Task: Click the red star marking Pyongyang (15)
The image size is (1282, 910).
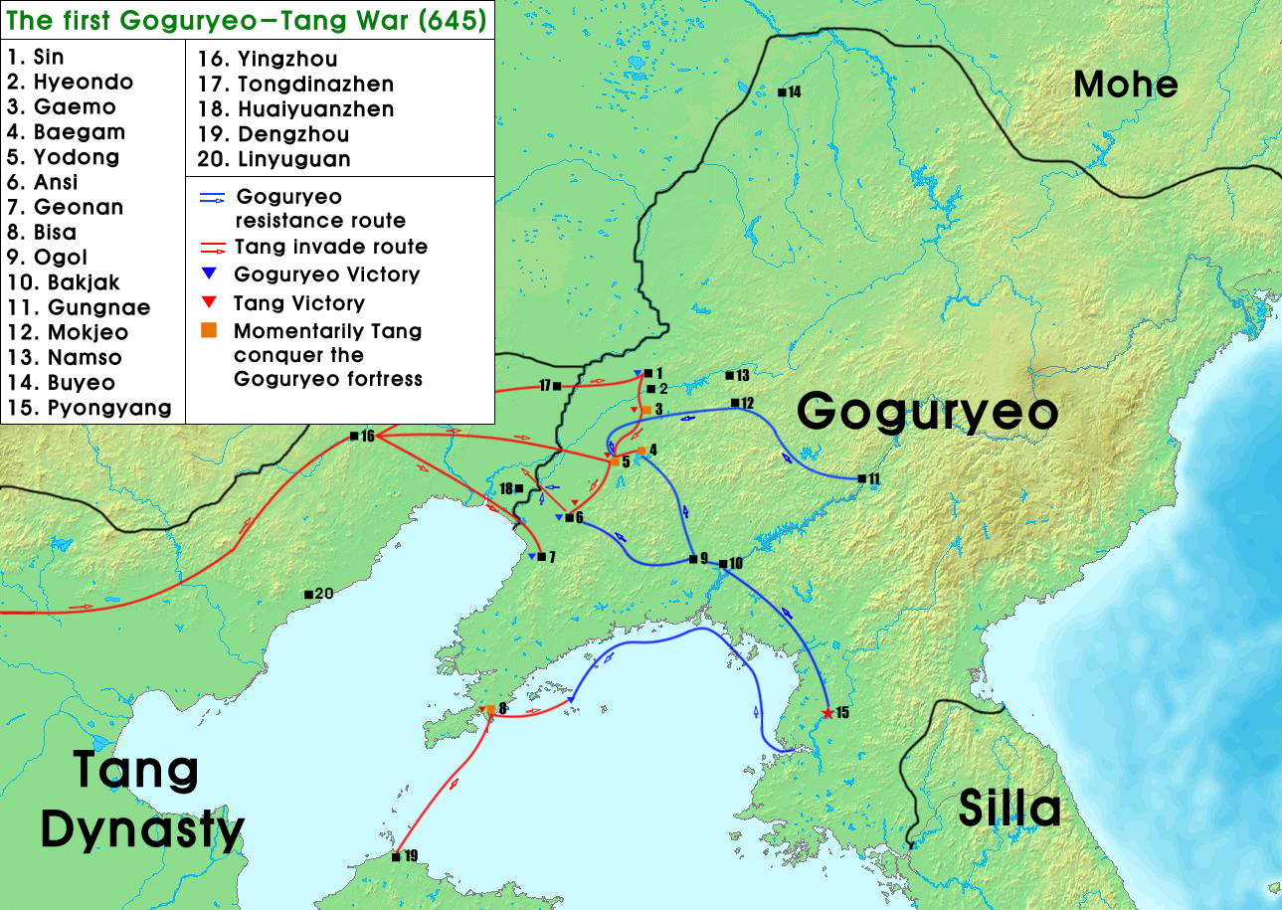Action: click(x=827, y=713)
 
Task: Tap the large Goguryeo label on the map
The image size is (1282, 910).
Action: click(x=927, y=411)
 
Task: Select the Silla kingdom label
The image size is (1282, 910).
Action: click(x=1008, y=809)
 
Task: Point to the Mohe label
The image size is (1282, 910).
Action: click(x=1125, y=85)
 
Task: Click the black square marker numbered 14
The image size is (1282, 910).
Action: click(x=782, y=92)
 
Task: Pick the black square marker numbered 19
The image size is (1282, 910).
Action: click(x=396, y=856)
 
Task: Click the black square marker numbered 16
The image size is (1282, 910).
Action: click(x=354, y=436)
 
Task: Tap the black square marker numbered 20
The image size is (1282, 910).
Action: click(x=308, y=595)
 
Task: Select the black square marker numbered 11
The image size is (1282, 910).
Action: click(x=860, y=479)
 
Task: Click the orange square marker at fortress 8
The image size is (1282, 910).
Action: click(x=491, y=709)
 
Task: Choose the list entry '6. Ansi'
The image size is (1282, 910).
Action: click(x=42, y=182)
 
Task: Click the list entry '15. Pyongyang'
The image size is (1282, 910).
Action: click(x=89, y=408)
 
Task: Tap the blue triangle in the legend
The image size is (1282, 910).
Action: click(x=209, y=274)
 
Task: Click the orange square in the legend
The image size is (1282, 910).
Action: click(x=209, y=331)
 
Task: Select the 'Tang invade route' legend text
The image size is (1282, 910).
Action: click(x=330, y=247)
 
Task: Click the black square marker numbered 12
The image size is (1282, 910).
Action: click(x=735, y=403)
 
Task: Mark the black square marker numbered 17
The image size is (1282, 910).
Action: click(x=557, y=386)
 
